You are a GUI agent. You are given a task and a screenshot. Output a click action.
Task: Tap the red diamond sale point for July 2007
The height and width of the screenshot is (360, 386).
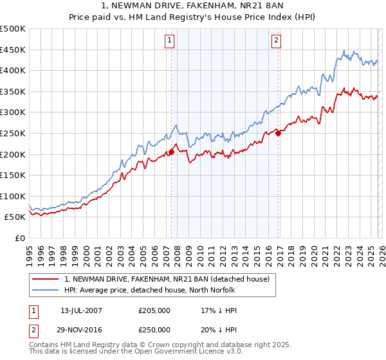tap(171, 152)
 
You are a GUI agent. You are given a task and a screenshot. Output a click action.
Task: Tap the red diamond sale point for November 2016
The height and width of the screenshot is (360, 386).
tap(278, 133)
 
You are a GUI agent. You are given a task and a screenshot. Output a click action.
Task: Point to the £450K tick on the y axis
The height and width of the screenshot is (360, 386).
tap(14, 50)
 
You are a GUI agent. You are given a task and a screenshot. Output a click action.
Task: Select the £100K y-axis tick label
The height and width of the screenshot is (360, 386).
tap(14, 196)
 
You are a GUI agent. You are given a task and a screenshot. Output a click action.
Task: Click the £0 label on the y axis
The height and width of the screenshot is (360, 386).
tap(19, 238)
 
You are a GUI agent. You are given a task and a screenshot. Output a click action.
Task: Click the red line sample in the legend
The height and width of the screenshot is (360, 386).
tap(46, 278)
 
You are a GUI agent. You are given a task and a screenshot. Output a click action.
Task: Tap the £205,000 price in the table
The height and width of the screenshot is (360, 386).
tap(154, 310)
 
